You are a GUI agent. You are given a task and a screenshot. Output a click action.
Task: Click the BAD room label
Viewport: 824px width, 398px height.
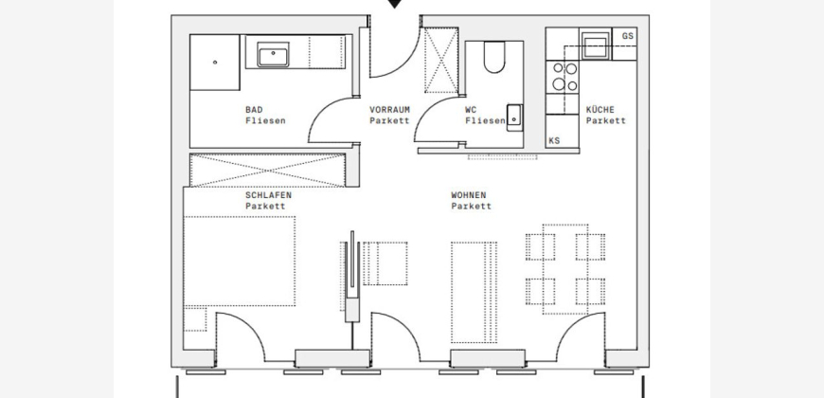pos(254,109)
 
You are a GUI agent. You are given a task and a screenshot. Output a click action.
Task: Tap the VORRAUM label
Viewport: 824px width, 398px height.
pos(389,109)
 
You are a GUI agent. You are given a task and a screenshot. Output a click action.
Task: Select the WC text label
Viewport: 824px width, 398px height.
pos(471,109)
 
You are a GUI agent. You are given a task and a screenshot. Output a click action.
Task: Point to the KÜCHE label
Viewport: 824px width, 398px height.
pos(600,109)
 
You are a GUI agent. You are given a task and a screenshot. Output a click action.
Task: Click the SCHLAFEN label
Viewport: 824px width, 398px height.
pos(268,195)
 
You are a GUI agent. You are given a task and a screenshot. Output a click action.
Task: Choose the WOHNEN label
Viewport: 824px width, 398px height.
pos(468,195)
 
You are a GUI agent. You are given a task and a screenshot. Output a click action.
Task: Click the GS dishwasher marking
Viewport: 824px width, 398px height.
pos(627,36)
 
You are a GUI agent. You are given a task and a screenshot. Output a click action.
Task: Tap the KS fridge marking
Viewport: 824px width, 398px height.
pos(554,140)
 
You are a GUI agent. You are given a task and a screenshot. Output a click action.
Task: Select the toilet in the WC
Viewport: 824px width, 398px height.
pos(494,57)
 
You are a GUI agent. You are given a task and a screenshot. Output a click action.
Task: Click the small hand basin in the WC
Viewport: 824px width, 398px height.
pos(514,118)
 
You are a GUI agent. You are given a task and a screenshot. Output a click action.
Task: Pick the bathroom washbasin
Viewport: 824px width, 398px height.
pos(273,55)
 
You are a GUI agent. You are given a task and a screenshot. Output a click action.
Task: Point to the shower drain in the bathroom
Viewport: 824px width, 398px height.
pos(215,62)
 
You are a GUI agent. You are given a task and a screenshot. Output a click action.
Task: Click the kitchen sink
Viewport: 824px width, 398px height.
pos(596,44)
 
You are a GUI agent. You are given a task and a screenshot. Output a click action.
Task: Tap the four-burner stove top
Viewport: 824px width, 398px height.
pos(563,77)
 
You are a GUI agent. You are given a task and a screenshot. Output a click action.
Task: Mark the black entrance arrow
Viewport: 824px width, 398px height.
pos(395,4)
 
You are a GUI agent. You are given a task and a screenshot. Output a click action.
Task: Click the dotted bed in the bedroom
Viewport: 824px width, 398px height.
pos(239,261)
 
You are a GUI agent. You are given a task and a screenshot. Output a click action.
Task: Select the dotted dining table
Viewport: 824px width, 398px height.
pos(564,269)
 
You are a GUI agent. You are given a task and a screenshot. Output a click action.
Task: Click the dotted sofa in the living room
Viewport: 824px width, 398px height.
pos(474,292)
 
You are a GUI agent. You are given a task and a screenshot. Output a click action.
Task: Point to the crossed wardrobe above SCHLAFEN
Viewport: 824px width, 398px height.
pos(267,171)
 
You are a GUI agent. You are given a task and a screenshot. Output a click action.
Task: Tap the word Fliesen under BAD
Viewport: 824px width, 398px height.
pos(265,121)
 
